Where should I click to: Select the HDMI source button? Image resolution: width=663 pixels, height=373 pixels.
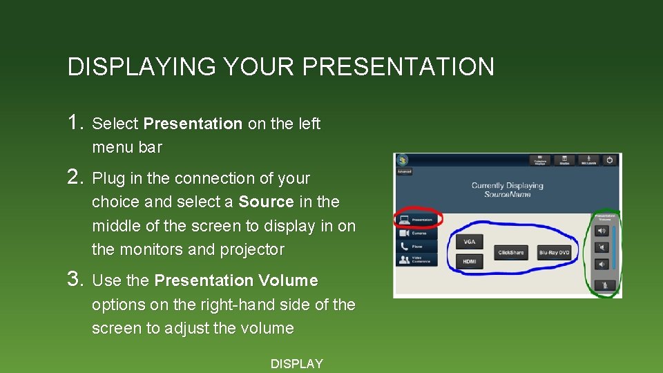pyautogui.click(x=470, y=261)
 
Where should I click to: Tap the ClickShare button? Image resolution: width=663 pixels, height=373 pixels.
pyautogui.click(x=511, y=253)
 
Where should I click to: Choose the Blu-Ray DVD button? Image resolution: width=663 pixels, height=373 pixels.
pyautogui.click(x=554, y=253)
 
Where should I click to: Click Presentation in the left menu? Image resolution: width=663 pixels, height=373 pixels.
pyautogui.click(x=416, y=220)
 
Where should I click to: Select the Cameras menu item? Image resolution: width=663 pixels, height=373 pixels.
pyautogui.click(x=416, y=233)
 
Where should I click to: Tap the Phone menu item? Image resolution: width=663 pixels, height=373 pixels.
pyautogui.click(x=416, y=247)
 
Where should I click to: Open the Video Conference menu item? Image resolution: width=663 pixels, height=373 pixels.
pyautogui.click(x=416, y=260)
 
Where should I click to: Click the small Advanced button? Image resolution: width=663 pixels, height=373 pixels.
pyautogui.click(x=404, y=172)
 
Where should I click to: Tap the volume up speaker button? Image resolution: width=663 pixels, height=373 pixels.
pyautogui.click(x=603, y=231)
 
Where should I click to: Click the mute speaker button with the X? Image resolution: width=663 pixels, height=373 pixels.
pyautogui.click(x=603, y=247)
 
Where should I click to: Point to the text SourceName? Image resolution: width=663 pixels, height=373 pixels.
pyautogui.click(x=507, y=195)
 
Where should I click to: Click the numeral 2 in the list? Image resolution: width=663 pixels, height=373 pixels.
pyautogui.click(x=75, y=178)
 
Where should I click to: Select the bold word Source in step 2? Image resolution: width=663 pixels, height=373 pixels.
pyautogui.click(x=266, y=202)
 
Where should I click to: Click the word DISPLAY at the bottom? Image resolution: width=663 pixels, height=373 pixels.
pyautogui.click(x=296, y=364)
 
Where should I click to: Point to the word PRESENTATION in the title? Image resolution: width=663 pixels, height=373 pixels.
pyautogui.click(x=398, y=67)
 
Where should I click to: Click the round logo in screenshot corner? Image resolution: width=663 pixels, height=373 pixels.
pyautogui.click(x=402, y=160)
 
